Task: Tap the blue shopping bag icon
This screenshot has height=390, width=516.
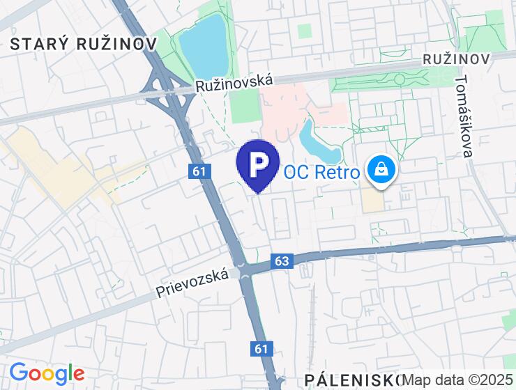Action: [x=381, y=169]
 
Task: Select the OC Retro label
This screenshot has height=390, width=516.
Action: [x=322, y=171]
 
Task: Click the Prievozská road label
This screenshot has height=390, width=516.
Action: [x=193, y=283]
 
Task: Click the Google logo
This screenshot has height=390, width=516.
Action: [x=47, y=373]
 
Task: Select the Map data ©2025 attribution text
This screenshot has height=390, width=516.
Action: [x=458, y=380]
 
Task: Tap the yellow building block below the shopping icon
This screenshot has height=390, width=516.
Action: [x=373, y=201]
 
